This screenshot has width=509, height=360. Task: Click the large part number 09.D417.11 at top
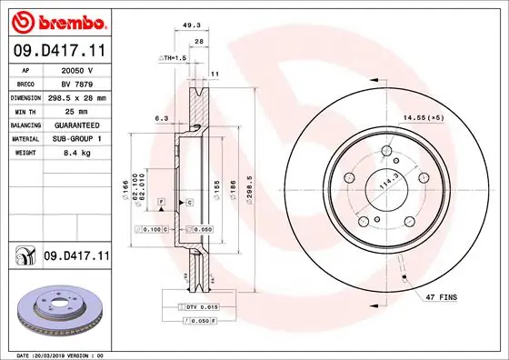point(58,52)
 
